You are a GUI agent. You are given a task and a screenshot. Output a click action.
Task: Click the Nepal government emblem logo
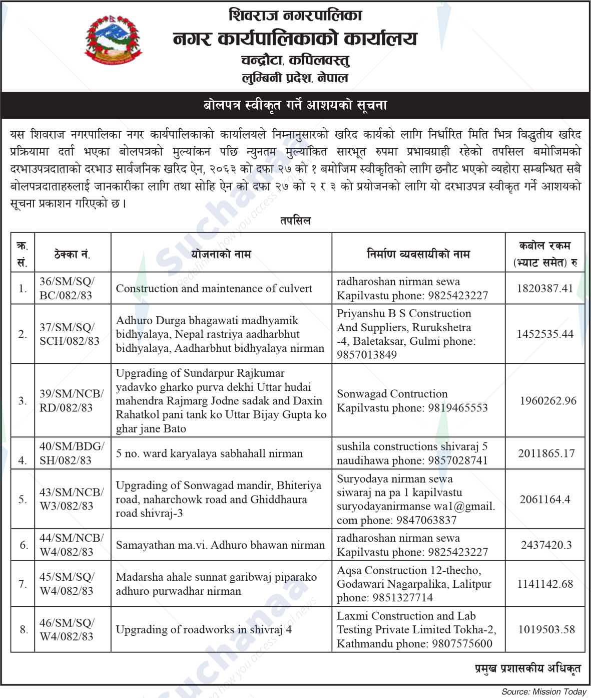click(113, 42)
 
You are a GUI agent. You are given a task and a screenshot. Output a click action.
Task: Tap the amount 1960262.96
click(548, 401)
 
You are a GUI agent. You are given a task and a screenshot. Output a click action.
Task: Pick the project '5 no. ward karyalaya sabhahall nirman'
click(209, 453)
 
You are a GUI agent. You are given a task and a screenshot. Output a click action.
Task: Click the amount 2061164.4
click(545, 500)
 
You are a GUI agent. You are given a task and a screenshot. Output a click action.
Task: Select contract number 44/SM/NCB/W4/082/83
click(72, 545)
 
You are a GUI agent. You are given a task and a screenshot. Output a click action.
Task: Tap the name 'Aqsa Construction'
click(382, 570)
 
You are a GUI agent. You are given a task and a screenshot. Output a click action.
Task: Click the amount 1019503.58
click(545, 630)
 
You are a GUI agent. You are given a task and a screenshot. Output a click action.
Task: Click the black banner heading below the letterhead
click(295, 106)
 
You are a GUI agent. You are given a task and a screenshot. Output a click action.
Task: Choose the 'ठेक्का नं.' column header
click(72, 254)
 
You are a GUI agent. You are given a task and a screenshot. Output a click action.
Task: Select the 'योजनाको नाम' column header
click(221, 254)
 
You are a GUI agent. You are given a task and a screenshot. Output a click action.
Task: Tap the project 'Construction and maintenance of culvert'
click(214, 289)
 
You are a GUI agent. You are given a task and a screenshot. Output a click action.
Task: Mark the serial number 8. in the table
click(24, 630)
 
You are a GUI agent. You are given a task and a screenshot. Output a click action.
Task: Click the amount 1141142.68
click(545, 584)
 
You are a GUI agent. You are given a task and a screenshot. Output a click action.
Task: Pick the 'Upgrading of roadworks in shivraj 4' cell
click(204, 630)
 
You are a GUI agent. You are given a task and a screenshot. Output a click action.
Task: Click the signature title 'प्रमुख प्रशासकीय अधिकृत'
click(527, 668)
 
